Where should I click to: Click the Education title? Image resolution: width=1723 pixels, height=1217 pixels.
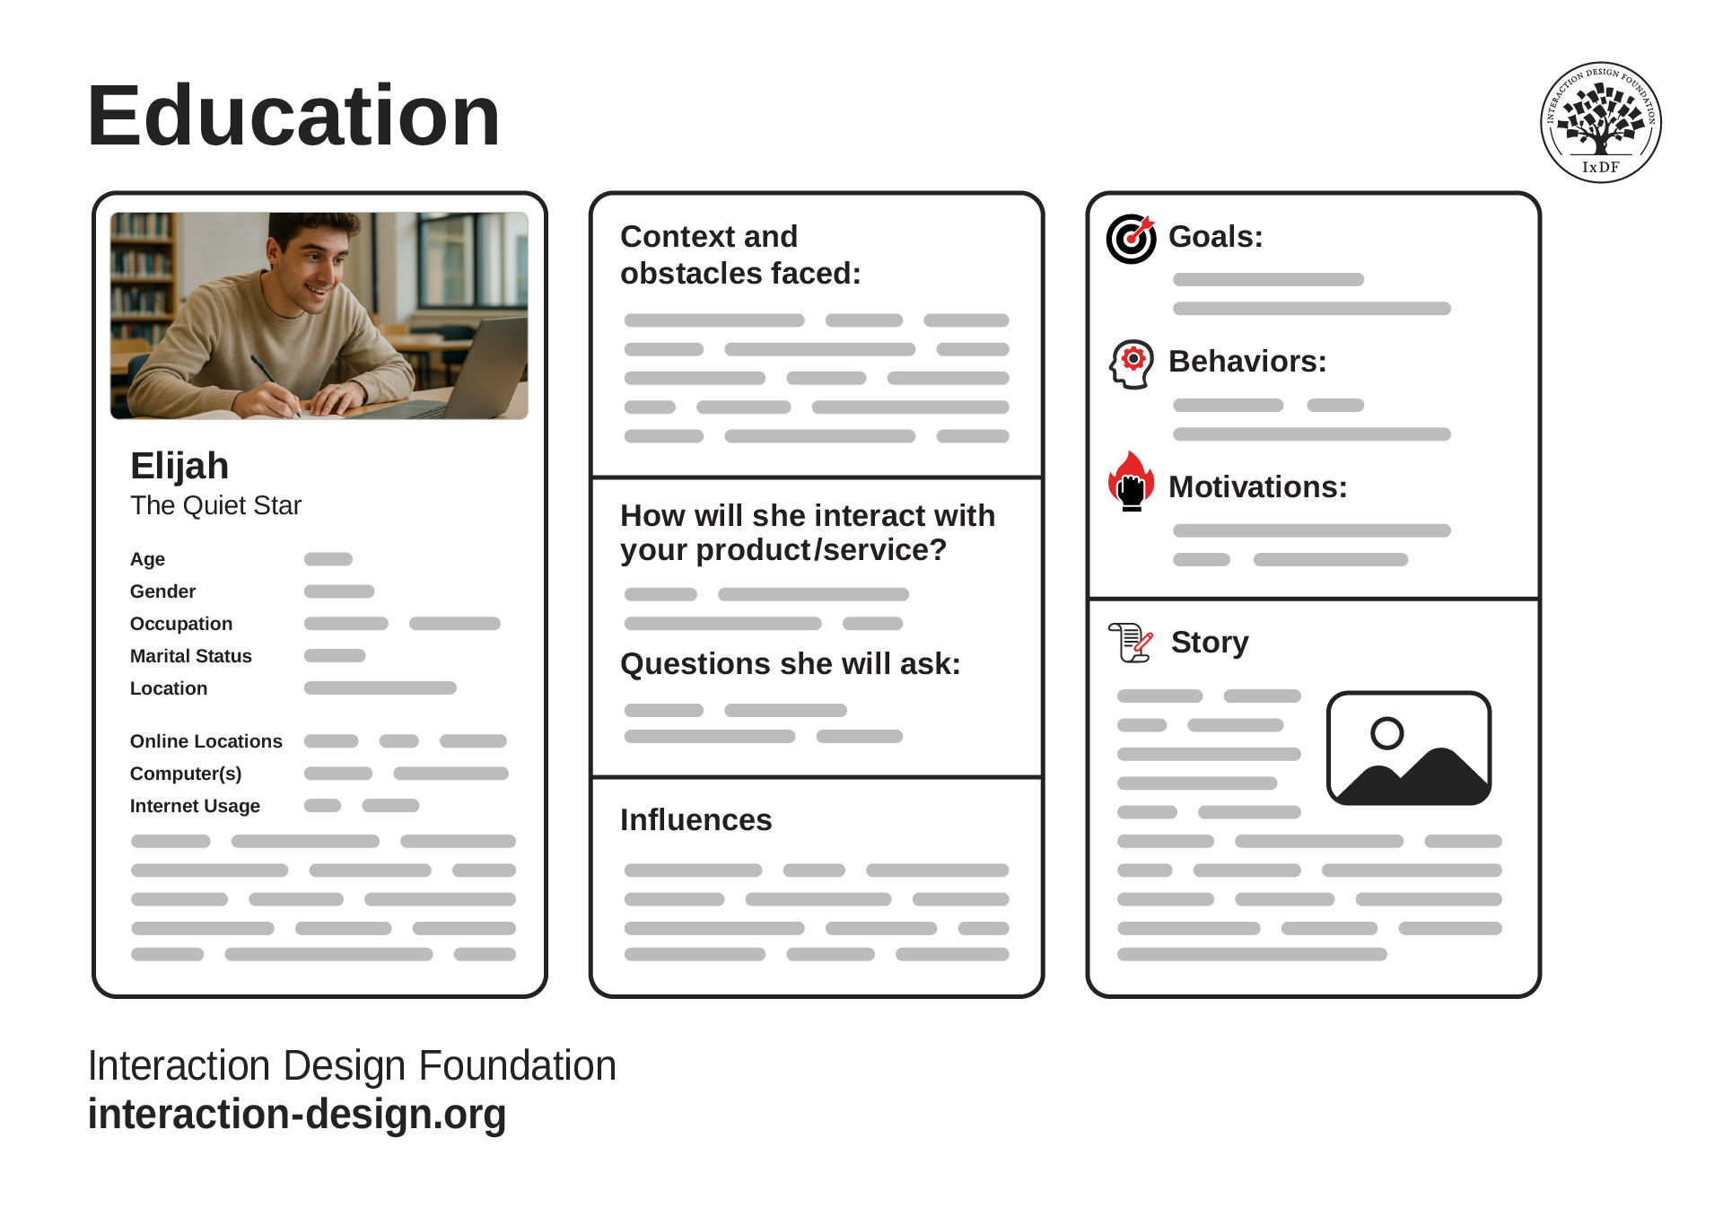293,116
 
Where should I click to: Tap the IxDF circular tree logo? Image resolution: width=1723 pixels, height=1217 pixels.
1601,122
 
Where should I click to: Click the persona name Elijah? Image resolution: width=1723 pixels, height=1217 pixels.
179,466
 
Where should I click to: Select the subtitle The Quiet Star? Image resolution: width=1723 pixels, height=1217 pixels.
215,505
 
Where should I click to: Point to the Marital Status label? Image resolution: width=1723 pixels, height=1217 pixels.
190,656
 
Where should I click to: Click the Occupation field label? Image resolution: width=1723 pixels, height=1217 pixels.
180,624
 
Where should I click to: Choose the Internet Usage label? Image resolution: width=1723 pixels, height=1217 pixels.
195,806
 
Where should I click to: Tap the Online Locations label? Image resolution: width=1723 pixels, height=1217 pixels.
206,741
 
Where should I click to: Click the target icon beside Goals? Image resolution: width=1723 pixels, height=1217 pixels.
1131,239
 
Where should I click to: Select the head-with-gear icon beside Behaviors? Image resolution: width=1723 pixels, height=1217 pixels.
1131,364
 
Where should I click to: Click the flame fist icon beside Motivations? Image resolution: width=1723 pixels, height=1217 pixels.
1131,481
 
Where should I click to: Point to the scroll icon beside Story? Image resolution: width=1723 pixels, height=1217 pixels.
1130,643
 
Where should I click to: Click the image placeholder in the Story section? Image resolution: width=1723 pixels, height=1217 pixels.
1409,749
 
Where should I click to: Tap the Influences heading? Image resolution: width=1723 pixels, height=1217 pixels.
695,819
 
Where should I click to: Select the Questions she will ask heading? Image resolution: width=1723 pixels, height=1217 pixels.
790,664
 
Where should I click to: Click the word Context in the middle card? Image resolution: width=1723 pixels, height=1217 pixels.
677,237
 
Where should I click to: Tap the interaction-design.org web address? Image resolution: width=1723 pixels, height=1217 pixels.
297,1114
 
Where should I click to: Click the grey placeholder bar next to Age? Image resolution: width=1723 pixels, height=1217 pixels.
328,559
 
